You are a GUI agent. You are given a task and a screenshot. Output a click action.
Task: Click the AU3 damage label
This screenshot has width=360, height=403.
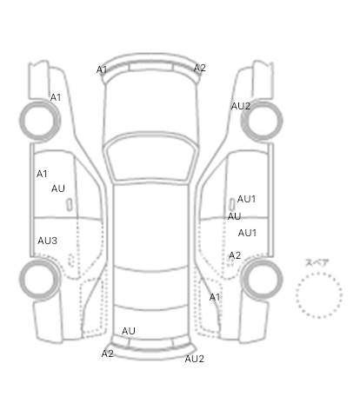coord(47,241)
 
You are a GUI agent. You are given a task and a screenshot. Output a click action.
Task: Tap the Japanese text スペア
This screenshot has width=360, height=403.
coord(317,263)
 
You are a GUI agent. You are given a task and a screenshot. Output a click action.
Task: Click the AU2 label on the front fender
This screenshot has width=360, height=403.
coord(241,106)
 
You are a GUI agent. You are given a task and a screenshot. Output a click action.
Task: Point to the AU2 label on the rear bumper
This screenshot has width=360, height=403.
coord(195,359)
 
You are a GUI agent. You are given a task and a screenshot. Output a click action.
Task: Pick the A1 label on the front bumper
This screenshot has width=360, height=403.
coord(102,69)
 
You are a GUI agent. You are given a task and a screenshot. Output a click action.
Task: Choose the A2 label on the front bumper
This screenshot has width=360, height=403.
coord(200,68)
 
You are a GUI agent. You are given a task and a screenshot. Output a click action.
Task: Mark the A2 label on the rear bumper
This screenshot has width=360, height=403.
coord(108,353)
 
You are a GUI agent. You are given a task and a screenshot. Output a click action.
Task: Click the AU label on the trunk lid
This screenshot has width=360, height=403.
coord(129,331)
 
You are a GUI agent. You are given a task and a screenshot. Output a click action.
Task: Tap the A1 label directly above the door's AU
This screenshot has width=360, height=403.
coord(42,174)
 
